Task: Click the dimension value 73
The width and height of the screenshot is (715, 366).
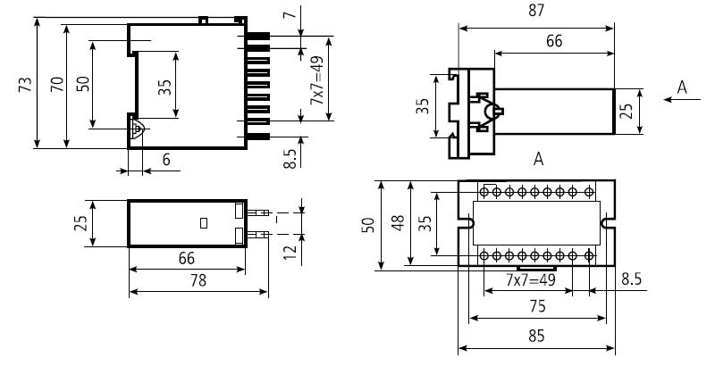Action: (x=25, y=85)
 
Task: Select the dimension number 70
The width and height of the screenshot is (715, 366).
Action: (x=55, y=85)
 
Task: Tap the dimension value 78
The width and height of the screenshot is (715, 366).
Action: (x=198, y=280)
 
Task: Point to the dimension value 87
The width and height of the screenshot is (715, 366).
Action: (x=536, y=11)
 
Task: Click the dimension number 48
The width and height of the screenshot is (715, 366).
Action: (x=400, y=223)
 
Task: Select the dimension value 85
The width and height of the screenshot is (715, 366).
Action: (x=536, y=337)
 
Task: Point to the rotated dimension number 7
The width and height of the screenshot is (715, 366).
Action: (x=288, y=16)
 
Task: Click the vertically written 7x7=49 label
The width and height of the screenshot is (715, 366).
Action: (x=316, y=81)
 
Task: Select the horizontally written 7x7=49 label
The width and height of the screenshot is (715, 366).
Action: (x=530, y=279)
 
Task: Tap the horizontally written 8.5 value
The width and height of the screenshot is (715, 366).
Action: (x=630, y=279)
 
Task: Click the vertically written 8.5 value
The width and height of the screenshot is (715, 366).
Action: (x=290, y=159)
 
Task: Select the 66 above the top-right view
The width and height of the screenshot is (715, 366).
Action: (x=554, y=41)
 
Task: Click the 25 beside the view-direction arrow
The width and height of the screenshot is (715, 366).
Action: (x=627, y=111)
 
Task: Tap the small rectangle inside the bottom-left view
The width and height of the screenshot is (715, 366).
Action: (x=204, y=223)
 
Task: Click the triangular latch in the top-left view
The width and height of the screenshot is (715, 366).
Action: (x=136, y=129)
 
